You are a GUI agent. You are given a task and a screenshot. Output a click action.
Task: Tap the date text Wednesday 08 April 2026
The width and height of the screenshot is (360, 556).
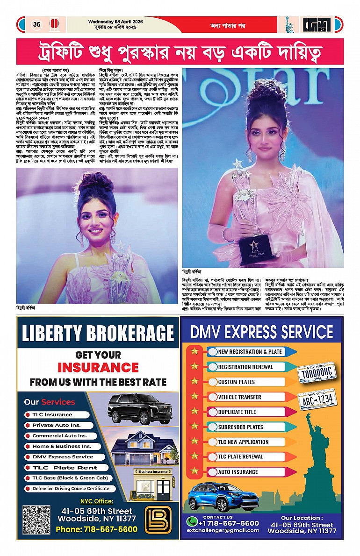(x=115, y=21)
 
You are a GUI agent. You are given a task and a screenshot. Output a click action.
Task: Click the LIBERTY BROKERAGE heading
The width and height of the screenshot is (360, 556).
(x=98, y=333)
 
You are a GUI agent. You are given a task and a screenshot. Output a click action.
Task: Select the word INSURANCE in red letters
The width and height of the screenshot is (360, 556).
(x=98, y=367)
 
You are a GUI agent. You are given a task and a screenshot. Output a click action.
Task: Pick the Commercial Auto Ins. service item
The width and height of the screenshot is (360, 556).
(x=59, y=435)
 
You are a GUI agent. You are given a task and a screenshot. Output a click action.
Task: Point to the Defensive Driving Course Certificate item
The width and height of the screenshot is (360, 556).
(x=71, y=488)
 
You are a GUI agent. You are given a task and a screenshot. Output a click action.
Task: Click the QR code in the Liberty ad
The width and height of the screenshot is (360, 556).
(x=36, y=520)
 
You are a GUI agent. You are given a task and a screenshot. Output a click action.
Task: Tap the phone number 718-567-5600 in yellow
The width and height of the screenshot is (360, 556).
(x=96, y=529)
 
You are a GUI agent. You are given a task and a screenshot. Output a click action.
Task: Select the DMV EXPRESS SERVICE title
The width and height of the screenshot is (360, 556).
(x=262, y=332)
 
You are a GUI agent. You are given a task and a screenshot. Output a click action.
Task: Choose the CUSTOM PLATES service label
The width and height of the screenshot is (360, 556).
(x=236, y=382)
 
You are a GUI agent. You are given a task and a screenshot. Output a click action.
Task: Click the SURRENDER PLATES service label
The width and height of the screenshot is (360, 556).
(x=240, y=427)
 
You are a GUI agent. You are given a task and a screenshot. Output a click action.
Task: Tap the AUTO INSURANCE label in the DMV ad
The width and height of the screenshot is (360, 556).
(x=238, y=472)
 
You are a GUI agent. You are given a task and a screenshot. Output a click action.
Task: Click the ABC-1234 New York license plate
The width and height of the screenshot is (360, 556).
(x=317, y=399)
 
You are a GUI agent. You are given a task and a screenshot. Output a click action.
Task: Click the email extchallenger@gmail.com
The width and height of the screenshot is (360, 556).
(x=222, y=530)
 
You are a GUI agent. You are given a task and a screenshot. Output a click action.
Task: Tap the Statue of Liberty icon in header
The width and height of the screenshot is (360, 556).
(x=290, y=25)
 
